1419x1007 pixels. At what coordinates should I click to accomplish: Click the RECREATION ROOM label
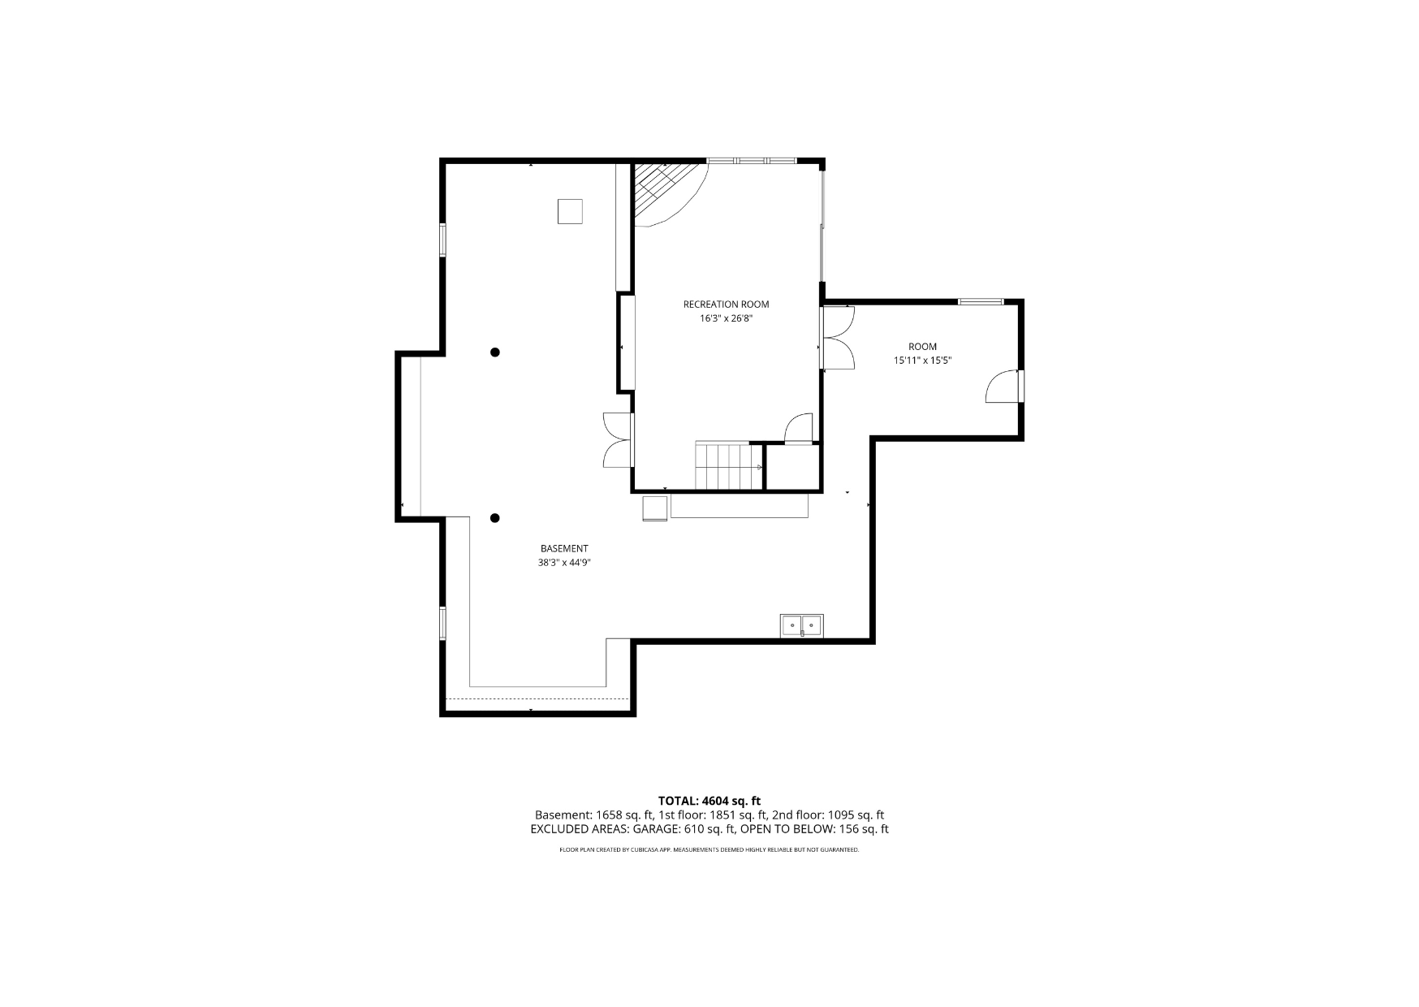pos(726,305)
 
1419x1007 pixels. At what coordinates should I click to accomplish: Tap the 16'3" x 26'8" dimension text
pos(726,319)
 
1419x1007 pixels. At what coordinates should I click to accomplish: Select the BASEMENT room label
pos(564,549)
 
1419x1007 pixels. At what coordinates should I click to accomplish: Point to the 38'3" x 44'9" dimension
pos(564,563)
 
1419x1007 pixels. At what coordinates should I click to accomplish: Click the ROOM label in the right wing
pos(922,347)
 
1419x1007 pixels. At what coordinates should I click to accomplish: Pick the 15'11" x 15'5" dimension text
pos(922,361)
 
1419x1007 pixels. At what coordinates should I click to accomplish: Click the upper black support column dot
pos(495,352)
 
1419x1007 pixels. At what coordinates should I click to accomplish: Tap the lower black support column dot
pos(495,518)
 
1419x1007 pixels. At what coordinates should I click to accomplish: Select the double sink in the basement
pos(802,626)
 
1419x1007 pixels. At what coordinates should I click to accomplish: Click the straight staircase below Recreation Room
pos(730,467)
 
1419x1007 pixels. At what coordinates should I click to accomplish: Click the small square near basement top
pos(570,211)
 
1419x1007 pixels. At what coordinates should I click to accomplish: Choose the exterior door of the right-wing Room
pos(1004,387)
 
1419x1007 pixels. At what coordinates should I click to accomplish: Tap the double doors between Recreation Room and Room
pos(837,339)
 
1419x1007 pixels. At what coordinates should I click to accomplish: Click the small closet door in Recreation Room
pos(800,428)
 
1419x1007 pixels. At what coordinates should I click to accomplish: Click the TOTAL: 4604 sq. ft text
pos(709,801)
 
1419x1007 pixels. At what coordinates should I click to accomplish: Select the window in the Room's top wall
pos(981,302)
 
